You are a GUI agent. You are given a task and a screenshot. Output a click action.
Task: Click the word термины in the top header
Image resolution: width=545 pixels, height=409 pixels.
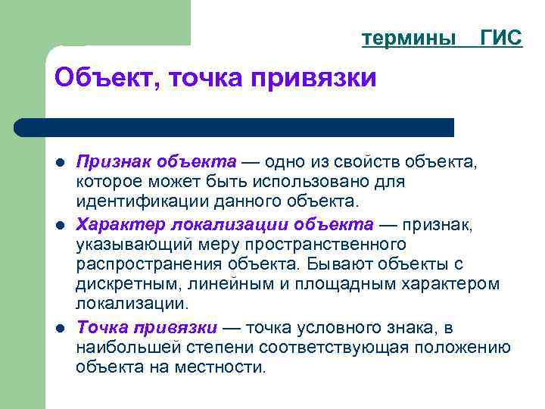coord(409,38)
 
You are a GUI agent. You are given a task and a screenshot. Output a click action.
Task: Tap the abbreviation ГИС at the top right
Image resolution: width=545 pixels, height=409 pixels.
coord(501,38)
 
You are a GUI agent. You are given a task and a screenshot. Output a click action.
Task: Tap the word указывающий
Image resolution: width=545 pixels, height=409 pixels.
coord(126,244)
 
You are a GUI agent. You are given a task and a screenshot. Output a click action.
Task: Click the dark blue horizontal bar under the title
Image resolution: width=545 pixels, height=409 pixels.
coord(235,127)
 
